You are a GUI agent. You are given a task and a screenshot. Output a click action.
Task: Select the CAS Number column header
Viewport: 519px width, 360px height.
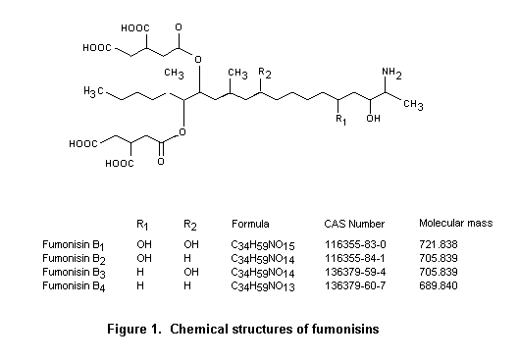(349, 223)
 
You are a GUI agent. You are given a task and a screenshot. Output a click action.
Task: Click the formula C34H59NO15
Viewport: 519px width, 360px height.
(261, 242)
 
